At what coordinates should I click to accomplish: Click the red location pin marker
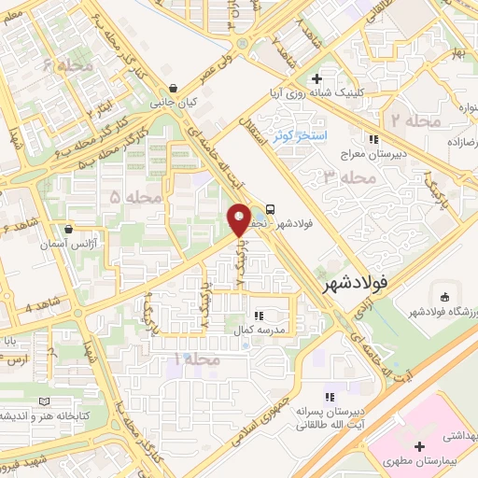[x=239, y=219]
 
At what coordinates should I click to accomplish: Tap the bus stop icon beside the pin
[x=270, y=209]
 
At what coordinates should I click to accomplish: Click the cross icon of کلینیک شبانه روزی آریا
[x=318, y=79]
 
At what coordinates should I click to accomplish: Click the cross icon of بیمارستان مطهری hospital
[x=419, y=447]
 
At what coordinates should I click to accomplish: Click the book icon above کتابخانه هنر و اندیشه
[x=44, y=401]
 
